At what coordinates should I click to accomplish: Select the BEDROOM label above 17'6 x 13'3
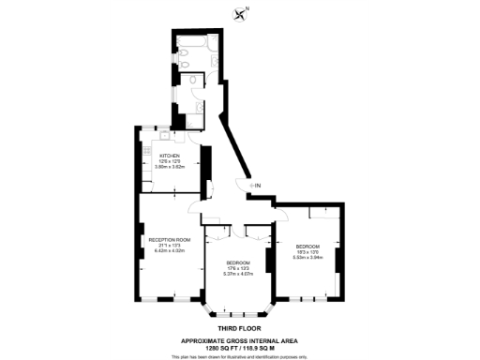click(x=237, y=262)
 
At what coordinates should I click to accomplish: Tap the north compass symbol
click(x=246, y=13)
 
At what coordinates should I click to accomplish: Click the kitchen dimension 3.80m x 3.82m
click(x=170, y=167)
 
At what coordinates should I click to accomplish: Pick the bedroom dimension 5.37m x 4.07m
click(x=237, y=274)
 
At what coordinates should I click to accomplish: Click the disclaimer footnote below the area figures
click(x=239, y=355)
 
